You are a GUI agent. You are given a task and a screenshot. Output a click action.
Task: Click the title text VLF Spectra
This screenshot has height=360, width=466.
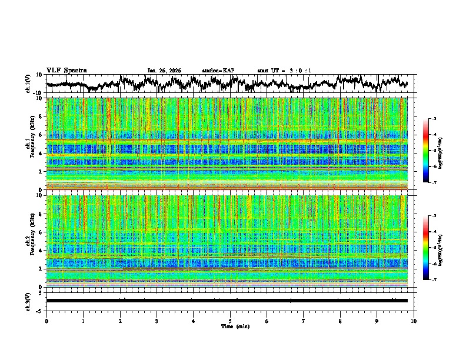(66, 71)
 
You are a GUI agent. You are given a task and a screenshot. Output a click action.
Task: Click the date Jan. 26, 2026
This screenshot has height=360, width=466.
(164, 71)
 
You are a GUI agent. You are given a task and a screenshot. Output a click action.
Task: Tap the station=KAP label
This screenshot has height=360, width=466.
(218, 71)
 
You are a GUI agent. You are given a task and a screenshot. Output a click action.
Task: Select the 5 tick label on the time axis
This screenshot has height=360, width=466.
(230, 321)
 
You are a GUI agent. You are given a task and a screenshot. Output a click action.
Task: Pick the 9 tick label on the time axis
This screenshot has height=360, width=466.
(377, 321)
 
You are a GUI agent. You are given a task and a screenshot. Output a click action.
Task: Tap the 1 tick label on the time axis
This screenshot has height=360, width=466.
(83, 321)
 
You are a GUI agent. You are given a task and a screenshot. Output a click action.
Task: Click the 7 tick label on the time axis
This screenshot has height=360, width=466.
(304, 321)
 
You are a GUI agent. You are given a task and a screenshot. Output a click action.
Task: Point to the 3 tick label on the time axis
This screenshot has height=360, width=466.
(157, 321)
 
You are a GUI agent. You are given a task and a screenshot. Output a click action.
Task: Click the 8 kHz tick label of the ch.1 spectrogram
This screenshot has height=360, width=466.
(41, 116)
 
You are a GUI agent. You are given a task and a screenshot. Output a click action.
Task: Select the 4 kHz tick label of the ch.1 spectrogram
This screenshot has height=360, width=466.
(41, 153)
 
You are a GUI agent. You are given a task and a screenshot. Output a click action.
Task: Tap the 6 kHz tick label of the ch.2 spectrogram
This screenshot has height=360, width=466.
(41, 232)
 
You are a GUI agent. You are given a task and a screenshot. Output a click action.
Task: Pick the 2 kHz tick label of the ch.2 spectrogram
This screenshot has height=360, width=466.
(41, 269)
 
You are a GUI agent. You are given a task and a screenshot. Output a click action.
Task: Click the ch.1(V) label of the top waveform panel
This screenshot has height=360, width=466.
(28, 84)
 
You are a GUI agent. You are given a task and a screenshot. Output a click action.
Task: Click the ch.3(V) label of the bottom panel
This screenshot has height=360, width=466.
(28, 300)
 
